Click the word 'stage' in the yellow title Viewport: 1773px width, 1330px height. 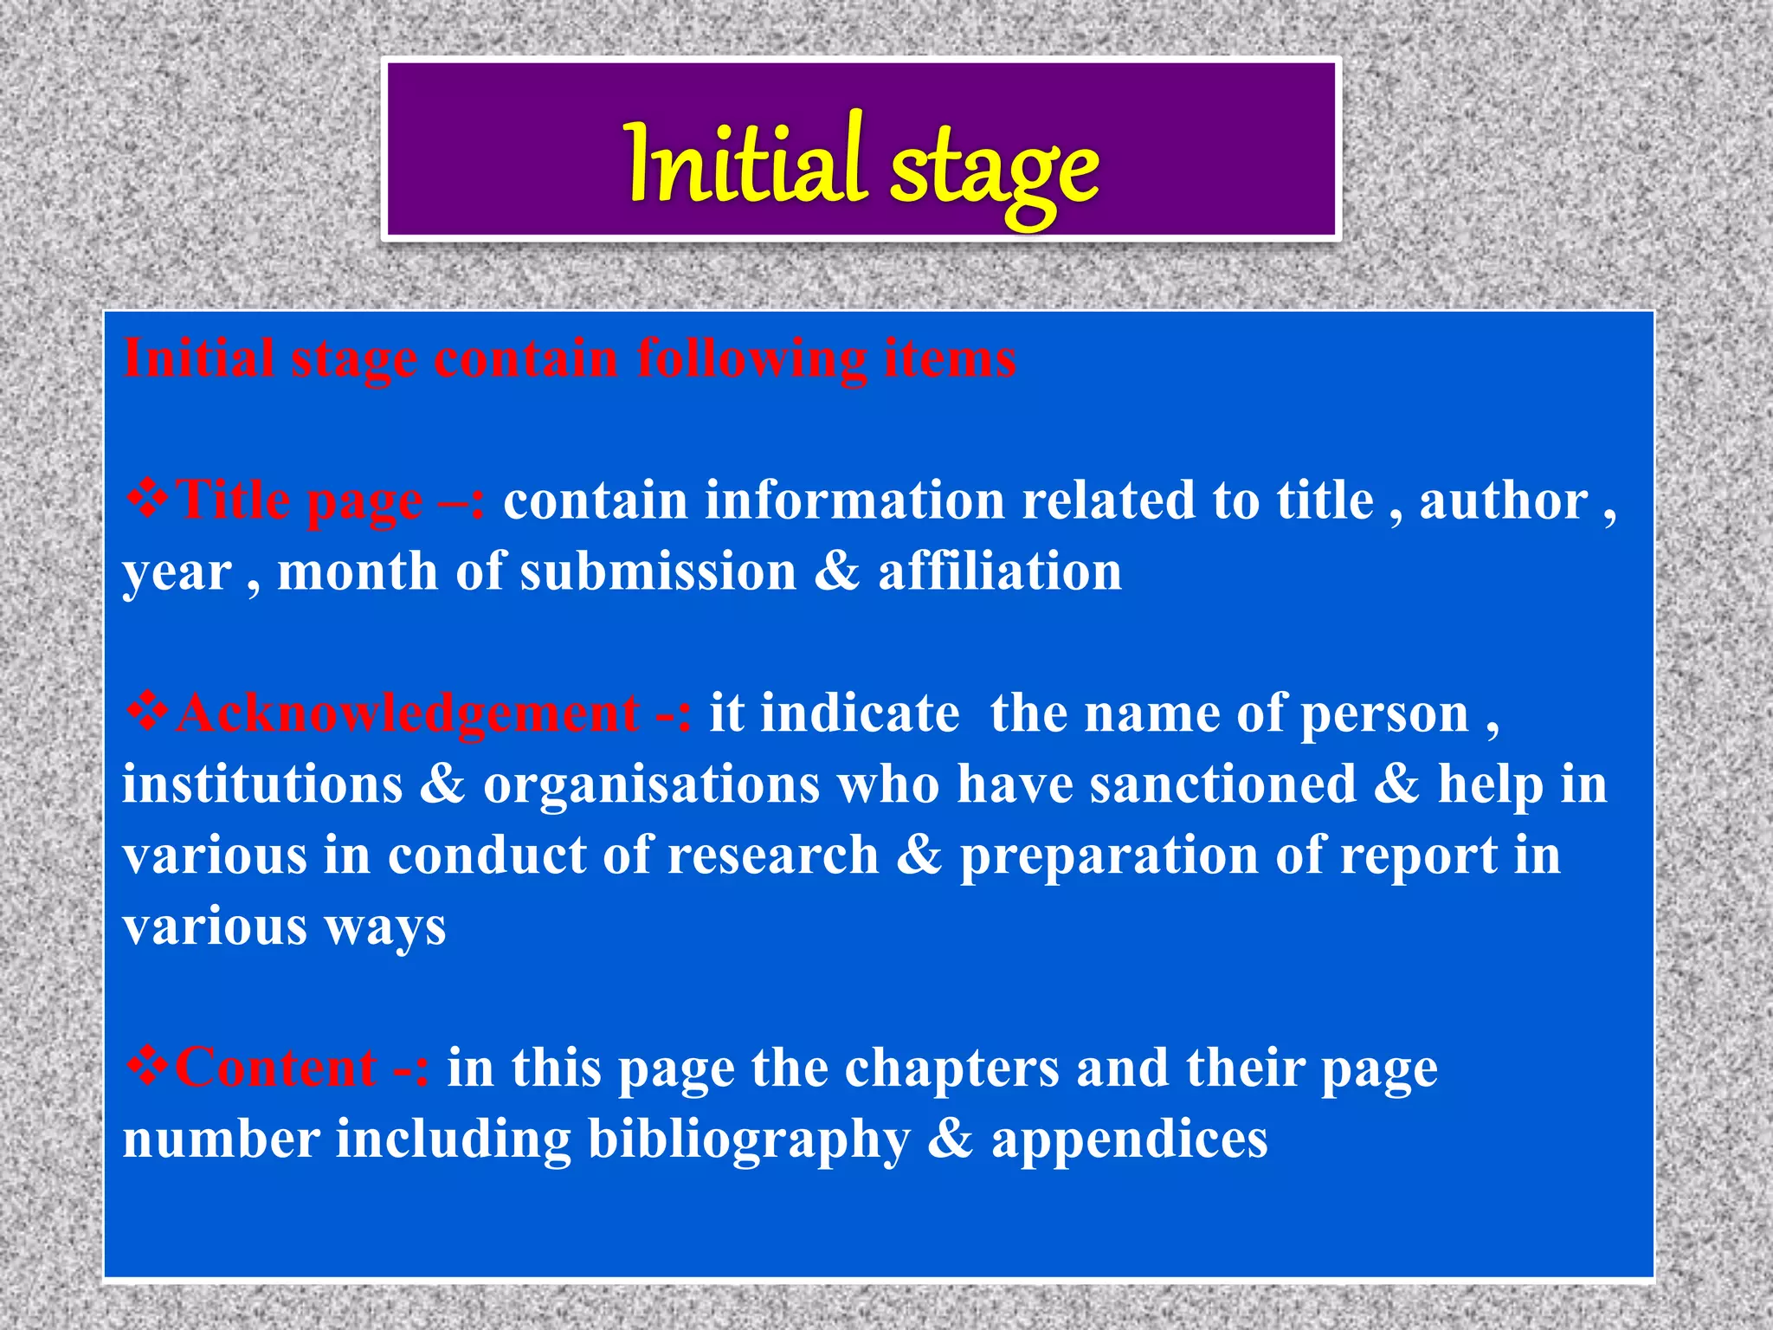point(994,169)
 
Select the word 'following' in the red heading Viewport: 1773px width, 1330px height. point(751,358)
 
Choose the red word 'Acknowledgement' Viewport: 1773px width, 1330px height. point(407,715)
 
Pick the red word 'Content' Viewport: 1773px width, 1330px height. point(276,1068)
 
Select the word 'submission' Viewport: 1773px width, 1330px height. point(658,572)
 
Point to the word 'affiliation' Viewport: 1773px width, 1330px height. point(1000,572)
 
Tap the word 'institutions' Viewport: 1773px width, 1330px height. point(262,784)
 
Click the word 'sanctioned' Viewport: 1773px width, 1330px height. point(1222,784)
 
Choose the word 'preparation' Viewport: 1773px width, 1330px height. point(1108,857)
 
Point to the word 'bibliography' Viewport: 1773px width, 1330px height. point(749,1140)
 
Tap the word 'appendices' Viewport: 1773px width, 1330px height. point(1130,1140)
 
